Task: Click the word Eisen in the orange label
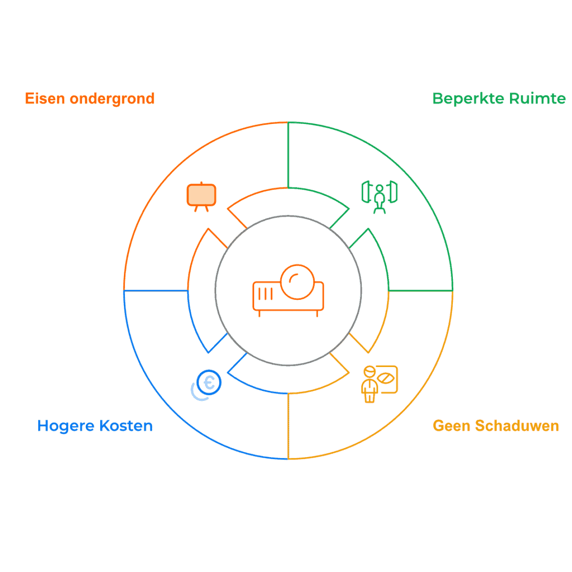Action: [x=45, y=99]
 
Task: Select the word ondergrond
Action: [x=112, y=99]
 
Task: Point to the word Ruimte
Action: [x=538, y=99]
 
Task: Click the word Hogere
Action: [x=66, y=426]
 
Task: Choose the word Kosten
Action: [x=126, y=426]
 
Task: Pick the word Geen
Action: [x=452, y=426]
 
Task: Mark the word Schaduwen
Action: [x=517, y=426]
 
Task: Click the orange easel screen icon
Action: [x=201, y=196]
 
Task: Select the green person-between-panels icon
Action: [x=379, y=197]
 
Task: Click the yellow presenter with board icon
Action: [x=379, y=384]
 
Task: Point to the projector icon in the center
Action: [x=288, y=291]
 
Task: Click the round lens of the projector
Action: [x=297, y=282]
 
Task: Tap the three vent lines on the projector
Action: [x=265, y=293]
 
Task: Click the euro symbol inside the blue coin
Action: [x=209, y=383]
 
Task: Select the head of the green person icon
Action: [x=379, y=189]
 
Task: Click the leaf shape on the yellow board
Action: [x=386, y=378]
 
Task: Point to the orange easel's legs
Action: [x=201, y=209]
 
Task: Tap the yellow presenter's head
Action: [x=369, y=371]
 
